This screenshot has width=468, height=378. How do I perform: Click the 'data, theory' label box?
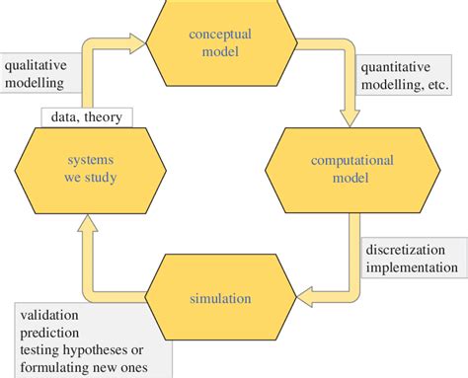tap(86, 117)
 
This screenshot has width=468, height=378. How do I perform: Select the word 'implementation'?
tap(411, 265)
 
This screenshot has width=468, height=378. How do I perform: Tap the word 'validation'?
tap(49, 316)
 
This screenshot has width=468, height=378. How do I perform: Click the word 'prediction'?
tap(50, 334)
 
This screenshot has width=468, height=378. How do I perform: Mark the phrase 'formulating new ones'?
tap(83, 369)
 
